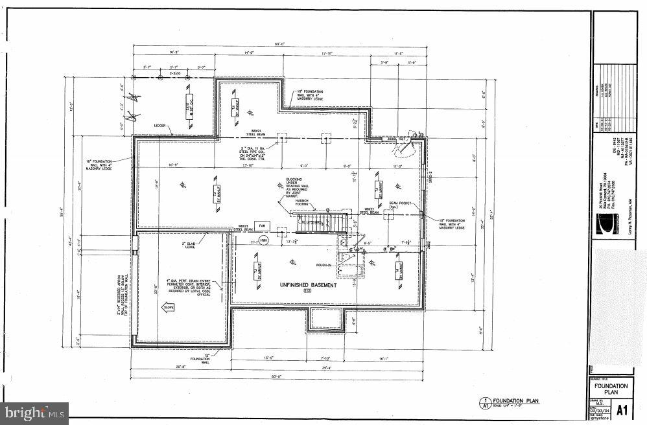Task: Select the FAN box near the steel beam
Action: point(263,225)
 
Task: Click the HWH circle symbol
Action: point(263,240)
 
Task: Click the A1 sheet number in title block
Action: point(621,409)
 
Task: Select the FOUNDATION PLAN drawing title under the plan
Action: point(512,400)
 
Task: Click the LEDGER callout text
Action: point(160,126)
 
